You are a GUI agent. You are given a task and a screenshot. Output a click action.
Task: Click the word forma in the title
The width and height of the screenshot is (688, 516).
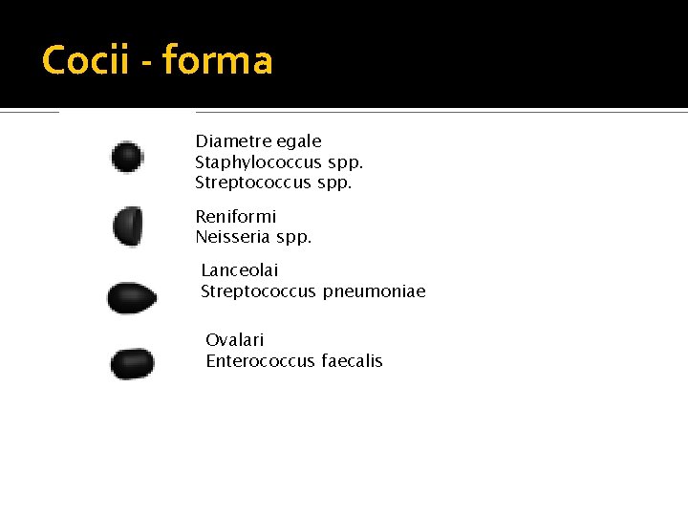tap(218, 60)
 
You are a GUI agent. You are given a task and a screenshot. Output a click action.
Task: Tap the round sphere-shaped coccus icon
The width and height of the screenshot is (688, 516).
tap(127, 157)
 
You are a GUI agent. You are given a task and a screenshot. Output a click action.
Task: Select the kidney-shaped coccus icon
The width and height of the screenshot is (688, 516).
tap(128, 226)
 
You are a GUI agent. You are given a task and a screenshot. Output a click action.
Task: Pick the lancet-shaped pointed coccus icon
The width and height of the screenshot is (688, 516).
tap(132, 298)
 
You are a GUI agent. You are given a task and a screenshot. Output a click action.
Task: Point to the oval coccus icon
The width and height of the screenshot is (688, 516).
tap(132, 364)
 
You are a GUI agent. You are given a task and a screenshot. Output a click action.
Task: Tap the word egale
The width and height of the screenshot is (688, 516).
tap(300, 141)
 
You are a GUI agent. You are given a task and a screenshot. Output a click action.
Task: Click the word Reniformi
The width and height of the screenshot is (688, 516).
tap(236, 217)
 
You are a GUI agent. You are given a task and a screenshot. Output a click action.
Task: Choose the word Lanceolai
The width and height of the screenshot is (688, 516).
tap(240, 271)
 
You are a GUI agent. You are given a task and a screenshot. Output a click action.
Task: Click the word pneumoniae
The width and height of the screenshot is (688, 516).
tap(375, 291)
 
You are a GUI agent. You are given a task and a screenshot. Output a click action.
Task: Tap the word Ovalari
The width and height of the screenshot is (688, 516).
tap(235, 340)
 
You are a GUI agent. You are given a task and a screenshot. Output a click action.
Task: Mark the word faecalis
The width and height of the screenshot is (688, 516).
tap(353, 361)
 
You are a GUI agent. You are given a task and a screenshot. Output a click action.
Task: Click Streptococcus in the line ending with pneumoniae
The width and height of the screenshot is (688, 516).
tap(258, 291)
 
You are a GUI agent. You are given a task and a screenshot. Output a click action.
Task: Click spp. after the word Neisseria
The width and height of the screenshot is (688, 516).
tap(295, 237)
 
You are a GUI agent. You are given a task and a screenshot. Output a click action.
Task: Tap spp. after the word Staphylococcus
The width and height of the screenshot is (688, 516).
tap(345, 163)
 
